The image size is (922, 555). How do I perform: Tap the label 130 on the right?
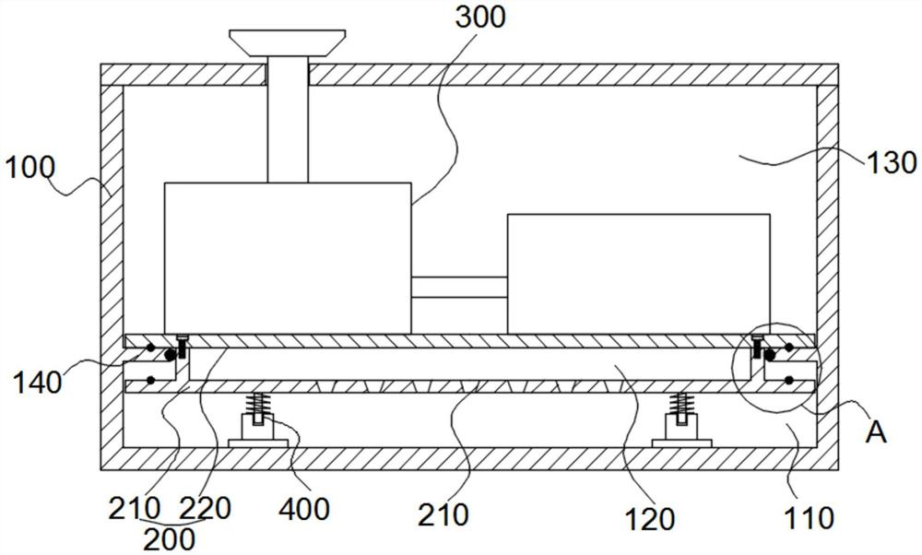(x=892, y=162)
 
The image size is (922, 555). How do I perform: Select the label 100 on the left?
(x=30, y=168)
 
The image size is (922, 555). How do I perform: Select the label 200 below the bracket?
(x=170, y=538)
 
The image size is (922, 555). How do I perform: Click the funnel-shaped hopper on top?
(x=288, y=43)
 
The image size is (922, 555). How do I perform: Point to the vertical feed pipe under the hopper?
(x=287, y=120)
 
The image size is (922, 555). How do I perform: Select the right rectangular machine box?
(x=637, y=273)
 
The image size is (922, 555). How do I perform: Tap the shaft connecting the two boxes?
(x=458, y=287)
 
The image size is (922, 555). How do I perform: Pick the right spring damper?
(x=681, y=419)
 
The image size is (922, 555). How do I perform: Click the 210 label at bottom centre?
(x=445, y=513)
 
